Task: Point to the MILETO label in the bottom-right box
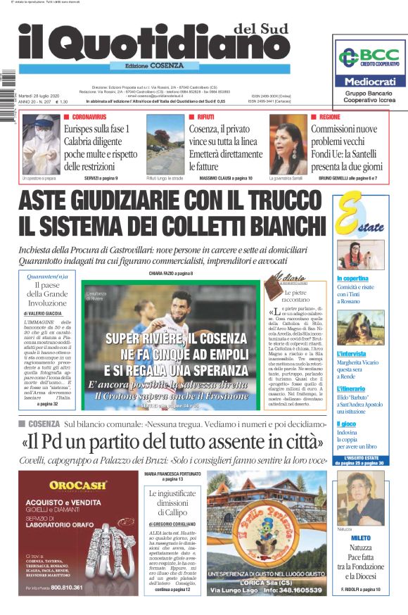(x=360, y=538)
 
